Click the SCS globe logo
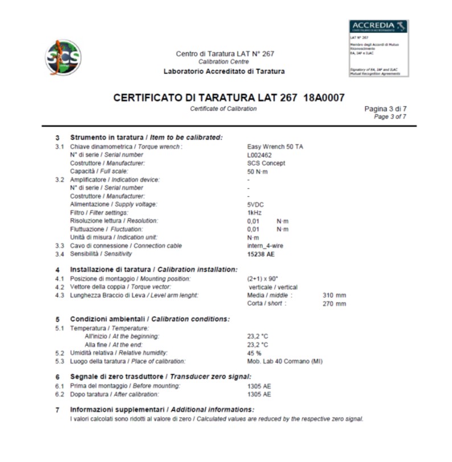[x=63, y=56]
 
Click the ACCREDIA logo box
[x=378, y=48]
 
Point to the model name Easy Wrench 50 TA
[x=275, y=146]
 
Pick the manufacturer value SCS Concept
[x=266, y=163]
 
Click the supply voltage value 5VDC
[x=256, y=204]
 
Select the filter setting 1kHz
[x=254, y=212]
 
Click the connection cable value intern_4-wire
[x=265, y=246]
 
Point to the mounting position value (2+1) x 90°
[x=262, y=279]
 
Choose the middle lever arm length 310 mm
[x=334, y=295]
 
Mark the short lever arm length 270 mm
[x=334, y=304]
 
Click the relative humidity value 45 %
[x=254, y=353]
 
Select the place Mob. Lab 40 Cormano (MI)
[x=285, y=362]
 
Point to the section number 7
[x=57, y=410]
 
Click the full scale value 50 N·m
[x=257, y=171]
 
